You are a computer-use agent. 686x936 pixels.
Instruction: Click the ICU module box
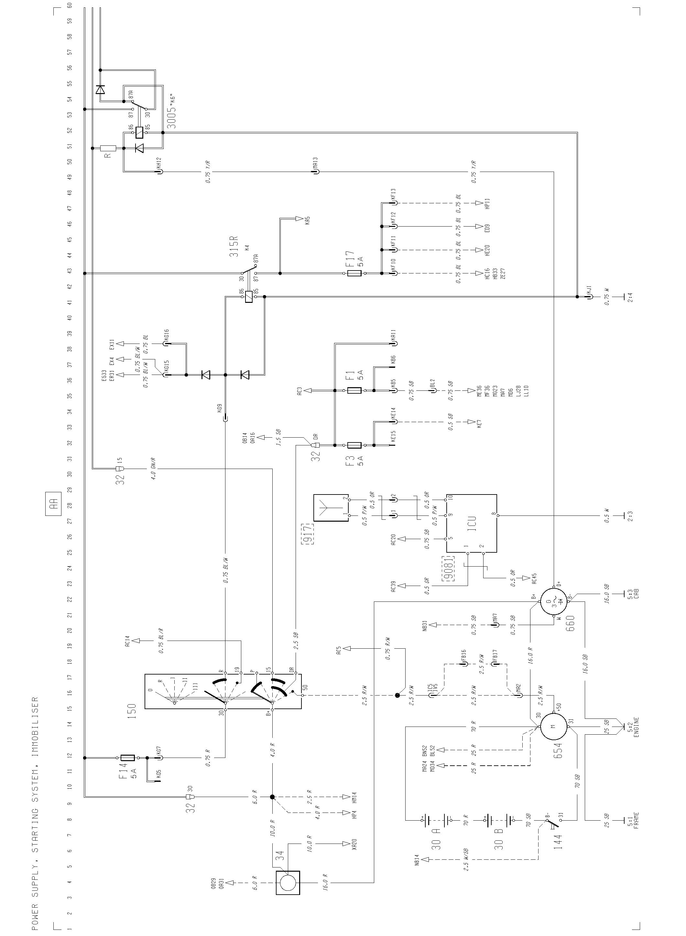(472, 523)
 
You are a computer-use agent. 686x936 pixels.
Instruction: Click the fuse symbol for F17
(354, 273)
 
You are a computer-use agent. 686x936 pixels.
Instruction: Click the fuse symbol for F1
(354, 390)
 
